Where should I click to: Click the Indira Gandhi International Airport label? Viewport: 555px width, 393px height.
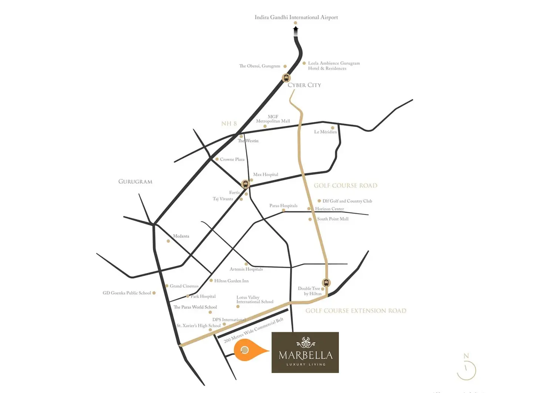(296, 17)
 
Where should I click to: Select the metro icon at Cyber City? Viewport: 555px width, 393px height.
(286, 78)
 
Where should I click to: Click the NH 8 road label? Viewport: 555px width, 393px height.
(229, 124)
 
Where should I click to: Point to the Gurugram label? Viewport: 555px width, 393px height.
(135, 182)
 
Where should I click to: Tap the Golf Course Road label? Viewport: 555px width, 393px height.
(345, 186)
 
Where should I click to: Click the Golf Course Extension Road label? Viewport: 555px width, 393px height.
(356, 311)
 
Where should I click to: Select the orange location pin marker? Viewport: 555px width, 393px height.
(246, 350)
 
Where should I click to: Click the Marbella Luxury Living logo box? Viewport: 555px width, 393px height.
(305, 352)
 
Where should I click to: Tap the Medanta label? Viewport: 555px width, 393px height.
(181, 236)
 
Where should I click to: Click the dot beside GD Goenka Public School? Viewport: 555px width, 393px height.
(154, 293)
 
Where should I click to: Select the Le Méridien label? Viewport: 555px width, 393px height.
(325, 132)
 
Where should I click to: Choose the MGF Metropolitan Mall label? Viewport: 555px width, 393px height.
(273, 119)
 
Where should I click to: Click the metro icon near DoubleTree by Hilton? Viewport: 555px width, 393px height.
(326, 283)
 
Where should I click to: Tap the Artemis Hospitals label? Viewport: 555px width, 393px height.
(246, 269)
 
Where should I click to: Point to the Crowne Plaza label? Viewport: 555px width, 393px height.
(232, 159)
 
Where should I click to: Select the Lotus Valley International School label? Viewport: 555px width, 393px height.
(255, 300)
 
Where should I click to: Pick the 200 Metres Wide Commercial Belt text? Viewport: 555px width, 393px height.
(253, 330)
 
